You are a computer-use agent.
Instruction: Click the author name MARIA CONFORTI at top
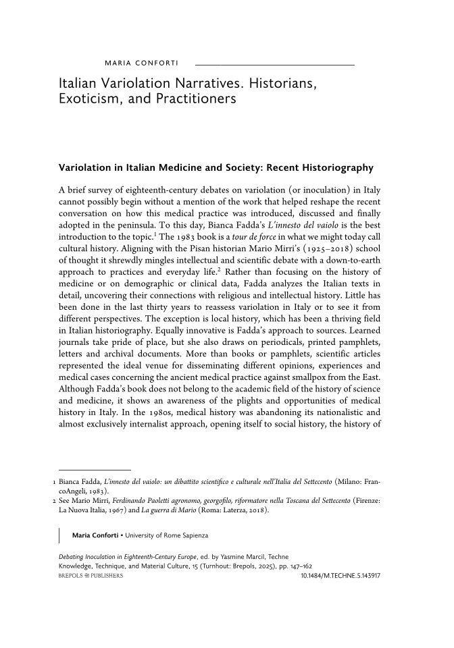(x=141, y=64)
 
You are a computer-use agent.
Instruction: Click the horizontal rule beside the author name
(x=274, y=64)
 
